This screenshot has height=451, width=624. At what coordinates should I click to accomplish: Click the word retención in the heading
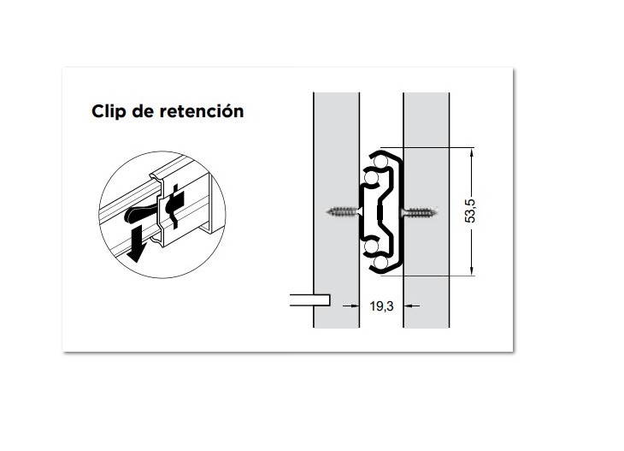pyautogui.click(x=203, y=112)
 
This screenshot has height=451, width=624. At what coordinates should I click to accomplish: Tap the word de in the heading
pyautogui.click(x=145, y=112)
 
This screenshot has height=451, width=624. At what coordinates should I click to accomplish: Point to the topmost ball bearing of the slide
pyautogui.click(x=380, y=159)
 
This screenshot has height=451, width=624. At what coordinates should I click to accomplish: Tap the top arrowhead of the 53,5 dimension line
pyautogui.click(x=471, y=151)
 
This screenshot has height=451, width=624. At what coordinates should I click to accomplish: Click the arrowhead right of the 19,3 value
pyautogui.click(x=409, y=306)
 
